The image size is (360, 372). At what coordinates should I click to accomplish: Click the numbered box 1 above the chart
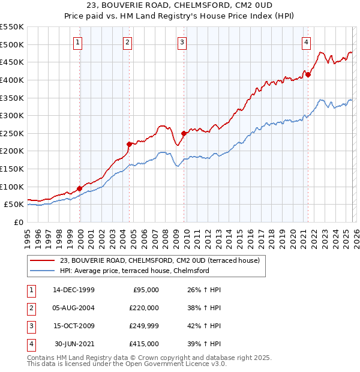(x=79, y=42)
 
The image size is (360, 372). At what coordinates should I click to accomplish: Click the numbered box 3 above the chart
(x=182, y=42)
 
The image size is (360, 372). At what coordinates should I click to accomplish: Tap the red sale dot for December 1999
(x=79, y=188)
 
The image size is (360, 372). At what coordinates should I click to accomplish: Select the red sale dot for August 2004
(x=129, y=144)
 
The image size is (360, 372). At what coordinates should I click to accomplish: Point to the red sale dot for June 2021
(x=307, y=74)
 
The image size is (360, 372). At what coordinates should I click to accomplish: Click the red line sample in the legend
(x=42, y=260)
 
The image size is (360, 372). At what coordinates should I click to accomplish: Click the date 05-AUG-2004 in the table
(x=74, y=308)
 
